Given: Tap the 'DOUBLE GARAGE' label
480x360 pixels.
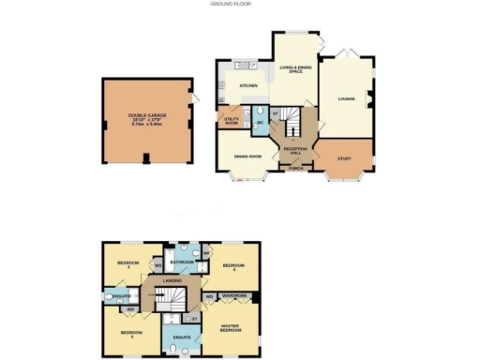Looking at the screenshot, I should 144,116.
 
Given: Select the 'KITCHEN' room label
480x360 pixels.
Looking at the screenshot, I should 248,85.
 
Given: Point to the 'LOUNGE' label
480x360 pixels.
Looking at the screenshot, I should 346,97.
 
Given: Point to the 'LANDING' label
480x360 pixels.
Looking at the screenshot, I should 172,280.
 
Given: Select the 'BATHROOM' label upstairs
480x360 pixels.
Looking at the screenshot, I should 182,262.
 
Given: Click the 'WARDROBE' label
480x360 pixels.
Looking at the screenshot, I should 234,297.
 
